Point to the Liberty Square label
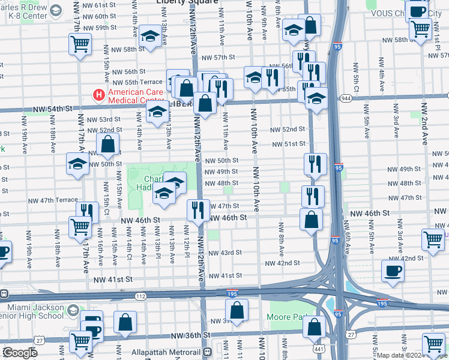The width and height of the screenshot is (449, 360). pos(187,2)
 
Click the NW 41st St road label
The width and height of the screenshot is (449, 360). pos(112,279)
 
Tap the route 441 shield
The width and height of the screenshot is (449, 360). pos(316,348)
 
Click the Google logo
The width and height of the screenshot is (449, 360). pos(20,353)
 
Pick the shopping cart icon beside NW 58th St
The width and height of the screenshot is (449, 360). pos(80,44)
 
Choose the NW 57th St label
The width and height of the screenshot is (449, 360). pos(218,58)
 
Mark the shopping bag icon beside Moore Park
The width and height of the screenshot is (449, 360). pos(315,327)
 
